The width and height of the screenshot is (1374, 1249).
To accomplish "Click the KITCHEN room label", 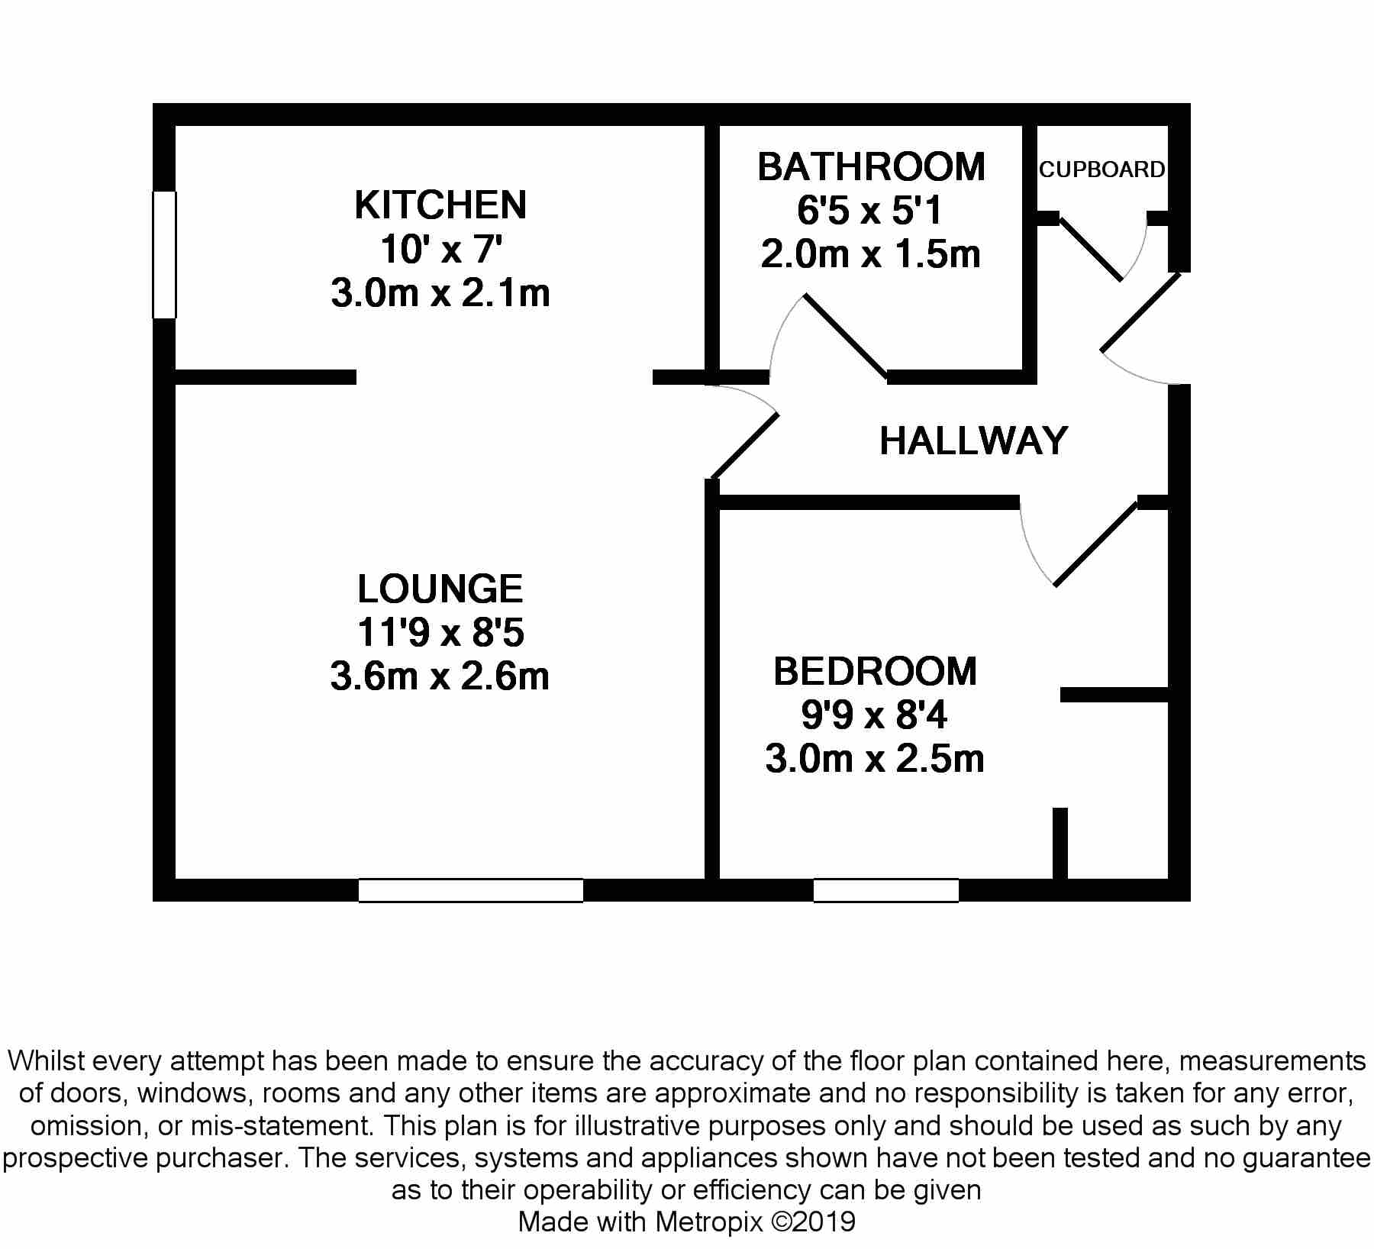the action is coord(440,205).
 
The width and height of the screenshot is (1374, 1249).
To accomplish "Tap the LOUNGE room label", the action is coord(440,589).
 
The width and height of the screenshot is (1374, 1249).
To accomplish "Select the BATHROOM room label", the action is coord(872,166).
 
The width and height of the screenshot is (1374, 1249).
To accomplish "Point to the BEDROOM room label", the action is coord(875,671).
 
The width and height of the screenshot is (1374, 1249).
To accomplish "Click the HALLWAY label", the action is coord(973,441).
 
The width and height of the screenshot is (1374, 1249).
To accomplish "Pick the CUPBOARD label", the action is coord(1102,169).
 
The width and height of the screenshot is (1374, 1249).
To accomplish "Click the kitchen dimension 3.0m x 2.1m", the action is coord(440,293).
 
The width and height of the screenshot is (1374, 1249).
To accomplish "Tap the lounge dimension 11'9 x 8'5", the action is coord(440,633).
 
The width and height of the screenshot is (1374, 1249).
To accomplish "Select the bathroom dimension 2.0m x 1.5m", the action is coord(871,254).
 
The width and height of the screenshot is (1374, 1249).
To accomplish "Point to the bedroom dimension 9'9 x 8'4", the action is coord(875,715).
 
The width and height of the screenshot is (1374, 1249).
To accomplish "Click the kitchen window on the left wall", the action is coord(164,254).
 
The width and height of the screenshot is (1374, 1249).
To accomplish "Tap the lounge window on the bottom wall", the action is coord(471,890).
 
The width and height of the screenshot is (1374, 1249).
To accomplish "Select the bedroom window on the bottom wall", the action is coord(886,890).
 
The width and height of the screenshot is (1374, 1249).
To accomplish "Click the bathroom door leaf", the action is coord(846,337).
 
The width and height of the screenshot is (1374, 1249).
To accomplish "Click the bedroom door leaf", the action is coord(1096,544).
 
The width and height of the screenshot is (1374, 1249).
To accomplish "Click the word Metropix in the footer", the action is coord(709,1222).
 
